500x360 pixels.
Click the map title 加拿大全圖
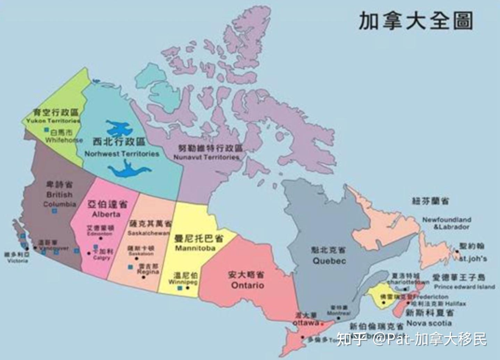416,21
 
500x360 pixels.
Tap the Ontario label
248,285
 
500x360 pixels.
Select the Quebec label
329,261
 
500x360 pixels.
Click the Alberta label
106,214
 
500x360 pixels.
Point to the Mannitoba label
195,248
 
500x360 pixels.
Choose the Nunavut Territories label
207,157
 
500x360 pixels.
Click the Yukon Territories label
53,121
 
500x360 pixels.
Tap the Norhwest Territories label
122,154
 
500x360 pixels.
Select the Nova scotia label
429,323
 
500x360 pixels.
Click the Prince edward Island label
464,287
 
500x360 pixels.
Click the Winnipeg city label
183,282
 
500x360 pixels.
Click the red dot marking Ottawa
322,324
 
